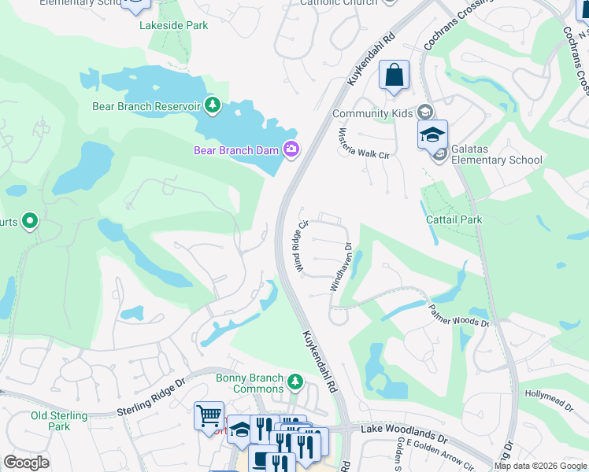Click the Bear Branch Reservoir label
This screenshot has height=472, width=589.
pos(146,106)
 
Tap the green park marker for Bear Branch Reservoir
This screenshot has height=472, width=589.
pos(212,105)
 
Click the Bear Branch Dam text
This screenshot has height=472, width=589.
pos(238,150)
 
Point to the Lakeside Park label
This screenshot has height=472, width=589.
pos(174,25)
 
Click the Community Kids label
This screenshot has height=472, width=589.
pos(372,113)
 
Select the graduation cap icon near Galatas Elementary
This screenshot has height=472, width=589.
pos(432,135)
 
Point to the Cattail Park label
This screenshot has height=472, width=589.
pos(454,219)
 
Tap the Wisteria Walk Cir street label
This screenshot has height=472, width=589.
pos(364,143)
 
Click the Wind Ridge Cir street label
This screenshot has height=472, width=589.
pos(299,245)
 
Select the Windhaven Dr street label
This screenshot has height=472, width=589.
pos(341,267)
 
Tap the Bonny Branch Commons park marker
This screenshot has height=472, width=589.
pos(295,382)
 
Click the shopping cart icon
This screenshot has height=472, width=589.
pos(209,414)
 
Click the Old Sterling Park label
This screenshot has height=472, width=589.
pos(50,421)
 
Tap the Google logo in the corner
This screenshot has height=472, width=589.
pos(26,463)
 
